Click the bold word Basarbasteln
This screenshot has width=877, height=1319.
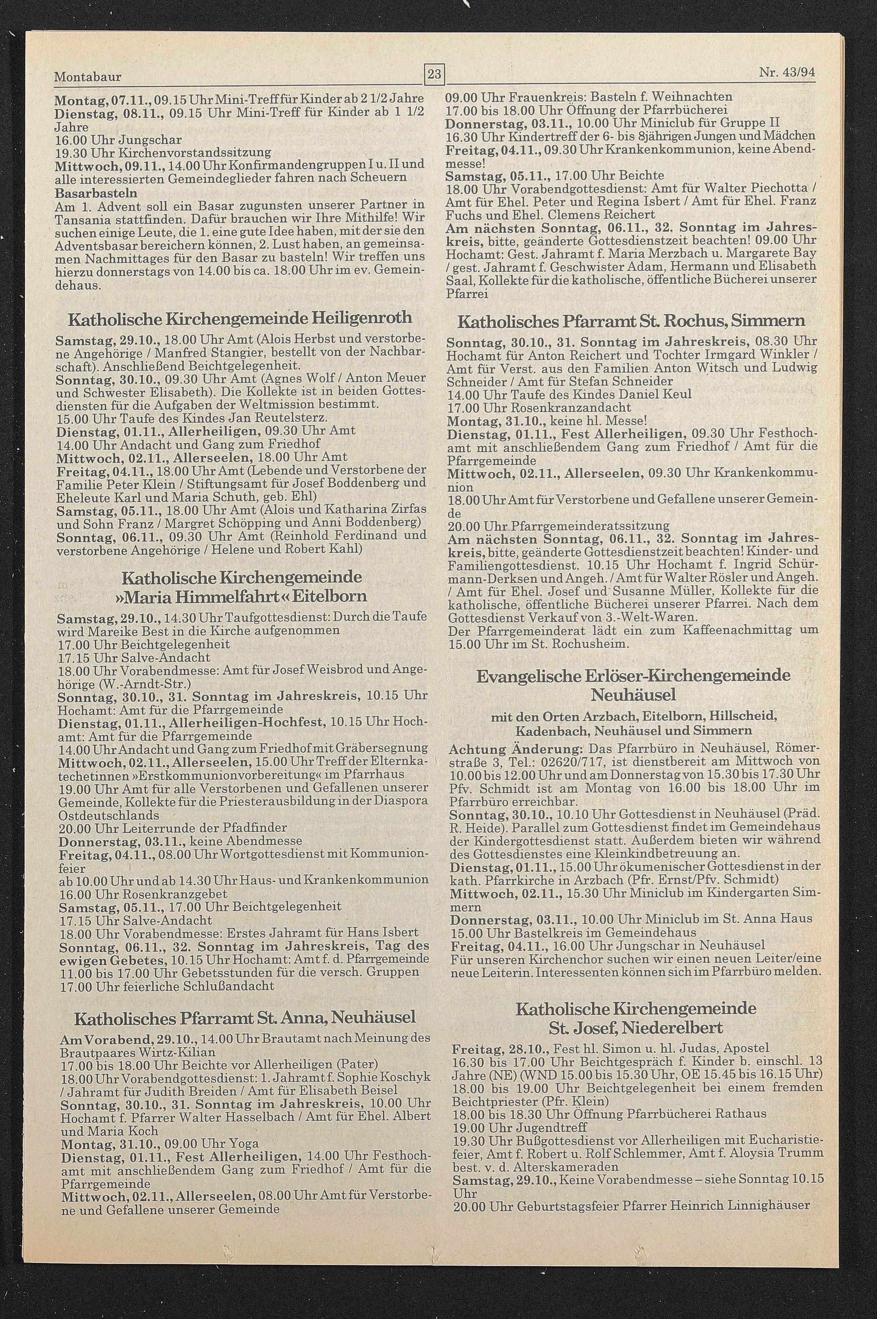pos(96,193)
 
